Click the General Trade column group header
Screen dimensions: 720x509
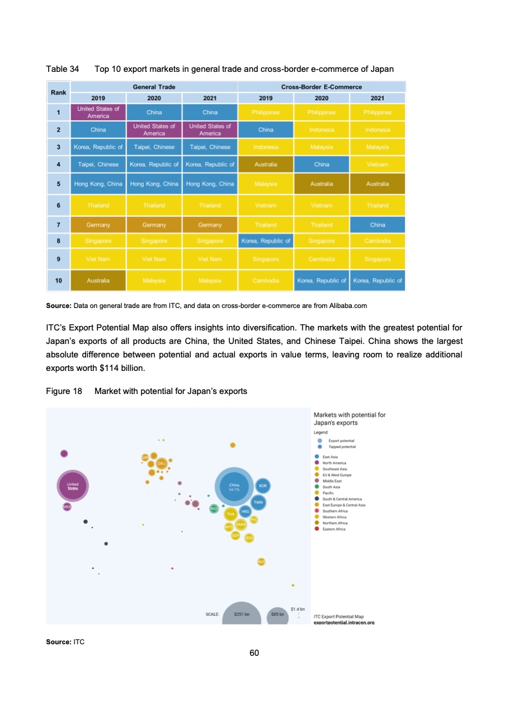tap(154, 87)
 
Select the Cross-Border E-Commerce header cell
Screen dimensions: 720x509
tap(321, 87)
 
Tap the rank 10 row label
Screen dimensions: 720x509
tap(58, 280)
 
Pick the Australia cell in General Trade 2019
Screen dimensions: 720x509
tap(98, 280)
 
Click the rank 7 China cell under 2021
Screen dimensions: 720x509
tap(377, 225)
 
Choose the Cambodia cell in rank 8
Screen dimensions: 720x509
tap(377, 241)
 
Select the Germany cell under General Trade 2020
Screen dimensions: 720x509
tap(154, 225)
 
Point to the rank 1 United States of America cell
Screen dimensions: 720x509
tap(98, 112)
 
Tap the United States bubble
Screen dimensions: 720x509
tap(73, 486)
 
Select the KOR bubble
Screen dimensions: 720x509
tap(263, 486)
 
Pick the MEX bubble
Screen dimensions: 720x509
tap(67, 507)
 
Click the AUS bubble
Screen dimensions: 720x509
tap(261, 561)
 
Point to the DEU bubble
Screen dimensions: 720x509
tap(162, 463)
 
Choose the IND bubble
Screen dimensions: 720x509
tap(214, 508)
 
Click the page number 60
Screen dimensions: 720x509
tap(254, 653)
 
